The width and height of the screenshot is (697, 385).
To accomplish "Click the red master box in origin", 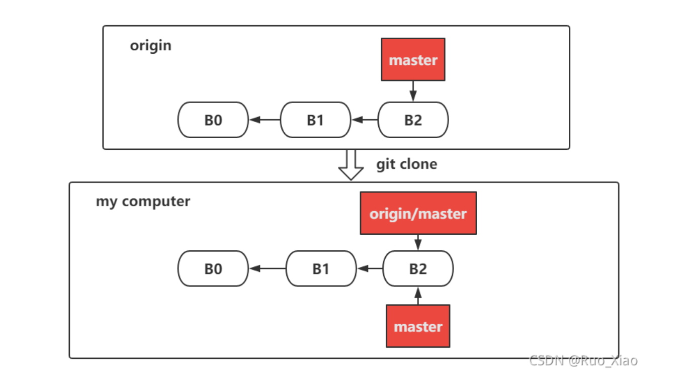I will pyautogui.click(x=413, y=59).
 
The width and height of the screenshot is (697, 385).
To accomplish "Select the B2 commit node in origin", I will pyautogui.click(x=413, y=120).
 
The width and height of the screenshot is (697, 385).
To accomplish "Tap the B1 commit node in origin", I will pyautogui.click(x=315, y=120).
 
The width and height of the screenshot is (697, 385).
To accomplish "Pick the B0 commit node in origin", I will pyautogui.click(x=213, y=120).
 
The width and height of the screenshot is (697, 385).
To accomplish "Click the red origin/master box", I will pyautogui.click(x=418, y=213).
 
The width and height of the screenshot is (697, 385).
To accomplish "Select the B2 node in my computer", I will pyautogui.click(x=418, y=268).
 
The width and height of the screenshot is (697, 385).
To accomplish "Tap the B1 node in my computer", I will pyautogui.click(x=321, y=268).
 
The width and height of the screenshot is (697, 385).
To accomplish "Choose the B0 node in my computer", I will pyautogui.click(x=213, y=268).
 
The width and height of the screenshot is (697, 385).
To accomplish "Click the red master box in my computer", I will pyautogui.click(x=418, y=326).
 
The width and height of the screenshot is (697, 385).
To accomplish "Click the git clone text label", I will pyautogui.click(x=406, y=164).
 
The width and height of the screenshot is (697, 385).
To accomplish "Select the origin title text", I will pyautogui.click(x=150, y=45).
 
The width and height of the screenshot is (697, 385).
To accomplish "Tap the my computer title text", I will pyautogui.click(x=143, y=202).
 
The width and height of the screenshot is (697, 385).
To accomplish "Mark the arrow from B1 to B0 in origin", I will pyautogui.click(x=265, y=120).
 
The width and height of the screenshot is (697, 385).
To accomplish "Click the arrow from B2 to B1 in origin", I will pyautogui.click(x=365, y=120).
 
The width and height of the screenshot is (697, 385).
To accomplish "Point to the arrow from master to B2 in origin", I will pyautogui.click(x=413, y=91).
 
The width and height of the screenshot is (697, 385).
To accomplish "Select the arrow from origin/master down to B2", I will pyautogui.click(x=418, y=242).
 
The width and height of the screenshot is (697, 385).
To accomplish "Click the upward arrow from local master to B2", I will pyautogui.click(x=418, y=296).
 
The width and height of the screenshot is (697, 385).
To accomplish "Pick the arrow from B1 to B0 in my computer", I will pyautogui.click(x=268, y=268).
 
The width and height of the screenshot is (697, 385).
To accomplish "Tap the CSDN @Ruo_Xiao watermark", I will pyautogui.click(x=583, y=360).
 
